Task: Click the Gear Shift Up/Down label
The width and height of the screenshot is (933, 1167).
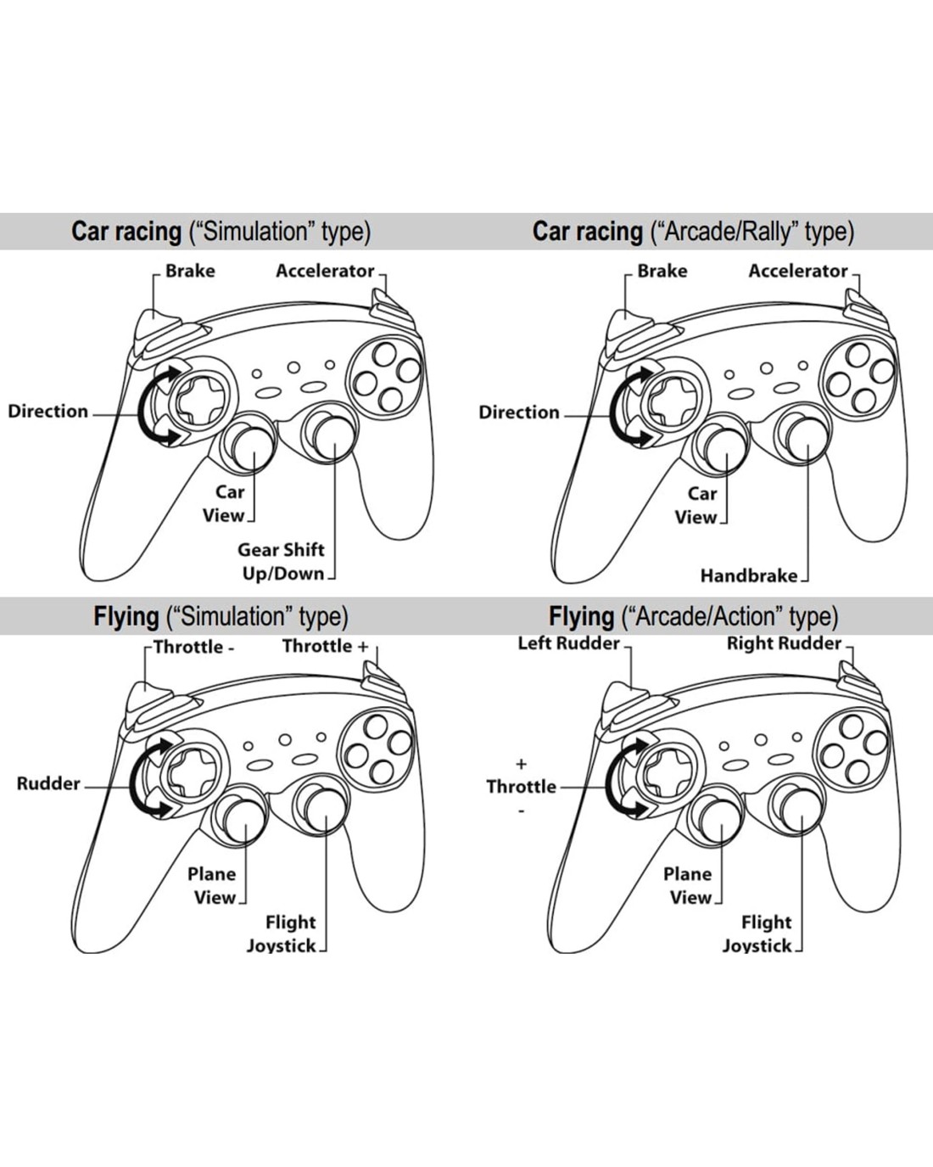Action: coord(282,561)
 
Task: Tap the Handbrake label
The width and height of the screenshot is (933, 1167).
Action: coord(748,576)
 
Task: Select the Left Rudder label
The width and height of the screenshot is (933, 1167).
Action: coord(568,643)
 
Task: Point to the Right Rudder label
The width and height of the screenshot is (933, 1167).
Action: coord(784,643)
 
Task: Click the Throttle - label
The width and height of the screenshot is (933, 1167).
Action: coord(194,647)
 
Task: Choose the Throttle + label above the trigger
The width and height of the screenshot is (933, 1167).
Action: coord(325,647)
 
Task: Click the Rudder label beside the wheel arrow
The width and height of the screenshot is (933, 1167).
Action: coord(48,783)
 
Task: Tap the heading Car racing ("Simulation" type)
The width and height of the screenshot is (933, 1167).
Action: coord(221,231)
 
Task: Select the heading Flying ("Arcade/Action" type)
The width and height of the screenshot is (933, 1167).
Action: coord(693,616)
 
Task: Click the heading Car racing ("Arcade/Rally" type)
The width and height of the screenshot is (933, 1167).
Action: coord(693,231)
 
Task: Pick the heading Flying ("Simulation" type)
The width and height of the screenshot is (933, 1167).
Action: coord(221,616)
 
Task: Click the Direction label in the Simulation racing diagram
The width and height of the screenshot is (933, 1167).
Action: coord(48,412)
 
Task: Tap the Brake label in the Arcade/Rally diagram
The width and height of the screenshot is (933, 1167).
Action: coord(662,271)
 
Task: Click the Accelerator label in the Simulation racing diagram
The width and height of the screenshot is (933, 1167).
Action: coord(325,271)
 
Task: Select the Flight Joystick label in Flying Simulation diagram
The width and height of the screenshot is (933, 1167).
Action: coord(282,934)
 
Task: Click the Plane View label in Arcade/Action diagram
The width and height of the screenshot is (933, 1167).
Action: coord(688,885)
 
